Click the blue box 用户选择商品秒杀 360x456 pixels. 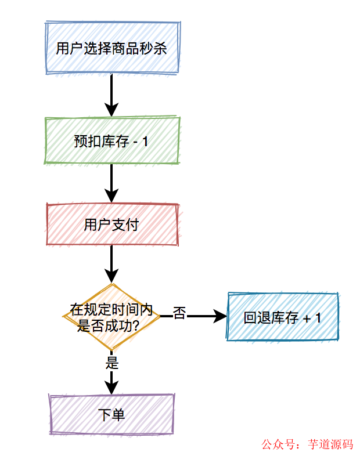coord(111,48)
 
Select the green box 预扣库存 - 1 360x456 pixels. coord(111,140)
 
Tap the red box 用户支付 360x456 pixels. coord(111,225)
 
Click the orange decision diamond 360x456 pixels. coord(111,317)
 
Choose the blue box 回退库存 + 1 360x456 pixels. coord(283,317)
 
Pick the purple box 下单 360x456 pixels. coord(111,414)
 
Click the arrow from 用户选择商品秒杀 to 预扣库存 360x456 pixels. coord(111,95)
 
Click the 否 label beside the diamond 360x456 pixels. coord(179,314)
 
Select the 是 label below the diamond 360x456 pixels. coord(112,363)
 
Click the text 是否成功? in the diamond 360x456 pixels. coord(108,325)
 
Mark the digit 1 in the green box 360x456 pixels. coord(145,141)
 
